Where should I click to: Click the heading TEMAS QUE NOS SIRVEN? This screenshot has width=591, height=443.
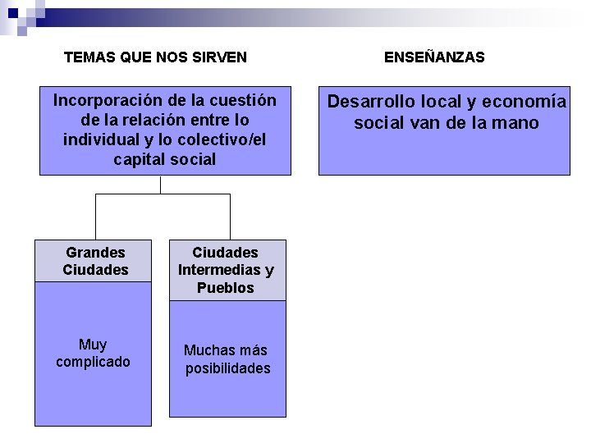point(155,57)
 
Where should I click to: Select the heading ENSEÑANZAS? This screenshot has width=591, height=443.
point(434,57)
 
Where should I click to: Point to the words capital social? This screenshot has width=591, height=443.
point(165,160)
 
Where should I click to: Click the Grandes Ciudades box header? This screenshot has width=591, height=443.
point(94,262)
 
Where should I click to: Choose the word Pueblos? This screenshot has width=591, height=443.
point(226,288)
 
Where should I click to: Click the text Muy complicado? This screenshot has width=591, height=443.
point(93,354)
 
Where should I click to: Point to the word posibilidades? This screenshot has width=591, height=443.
point(227,368)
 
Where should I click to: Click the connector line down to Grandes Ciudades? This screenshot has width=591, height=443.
point(96,217)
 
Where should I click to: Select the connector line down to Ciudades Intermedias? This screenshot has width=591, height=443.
point(230,217)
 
